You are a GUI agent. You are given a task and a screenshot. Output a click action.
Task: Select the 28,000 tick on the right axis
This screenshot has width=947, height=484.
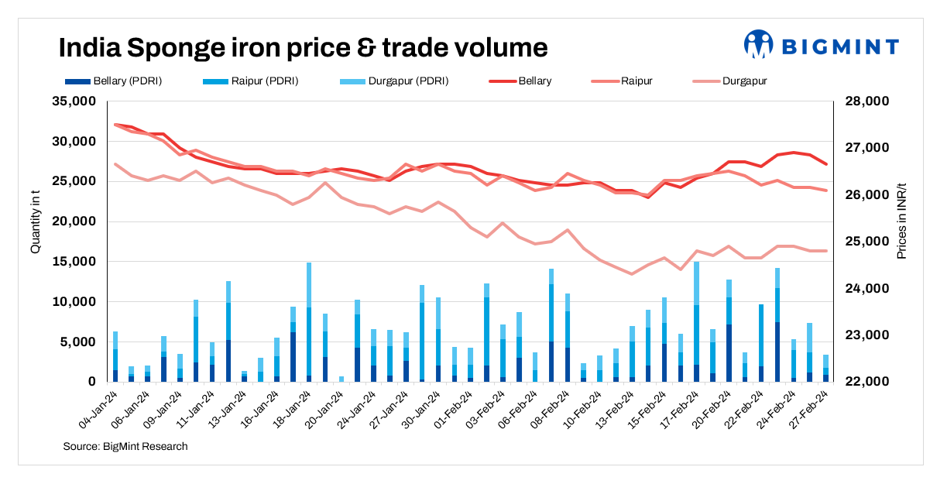point(860,101)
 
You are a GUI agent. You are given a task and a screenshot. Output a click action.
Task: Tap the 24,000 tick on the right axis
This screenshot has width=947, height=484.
point(860,289)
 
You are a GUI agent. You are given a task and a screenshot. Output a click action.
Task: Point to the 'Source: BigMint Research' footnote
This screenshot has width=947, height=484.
point(125,447)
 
